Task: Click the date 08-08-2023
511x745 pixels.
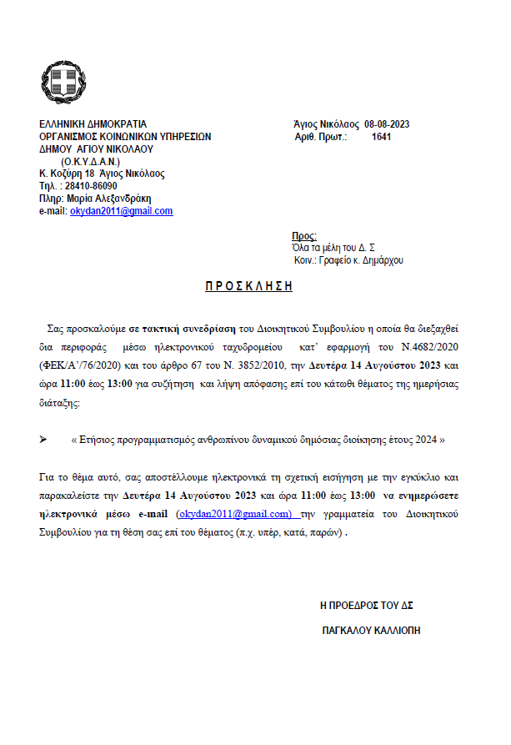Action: coord(387,125)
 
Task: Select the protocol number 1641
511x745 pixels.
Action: coord(381,137)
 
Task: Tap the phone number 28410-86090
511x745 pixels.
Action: coord(89,186)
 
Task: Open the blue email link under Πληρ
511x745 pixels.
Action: coord(121,211)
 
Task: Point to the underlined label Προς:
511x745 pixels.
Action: coord(304,236)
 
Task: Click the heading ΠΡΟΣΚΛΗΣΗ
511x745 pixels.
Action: coord(249,285)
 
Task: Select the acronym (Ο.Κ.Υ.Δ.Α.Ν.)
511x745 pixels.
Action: coord(91,161)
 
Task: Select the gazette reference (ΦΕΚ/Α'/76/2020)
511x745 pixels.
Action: coord(83,365)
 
